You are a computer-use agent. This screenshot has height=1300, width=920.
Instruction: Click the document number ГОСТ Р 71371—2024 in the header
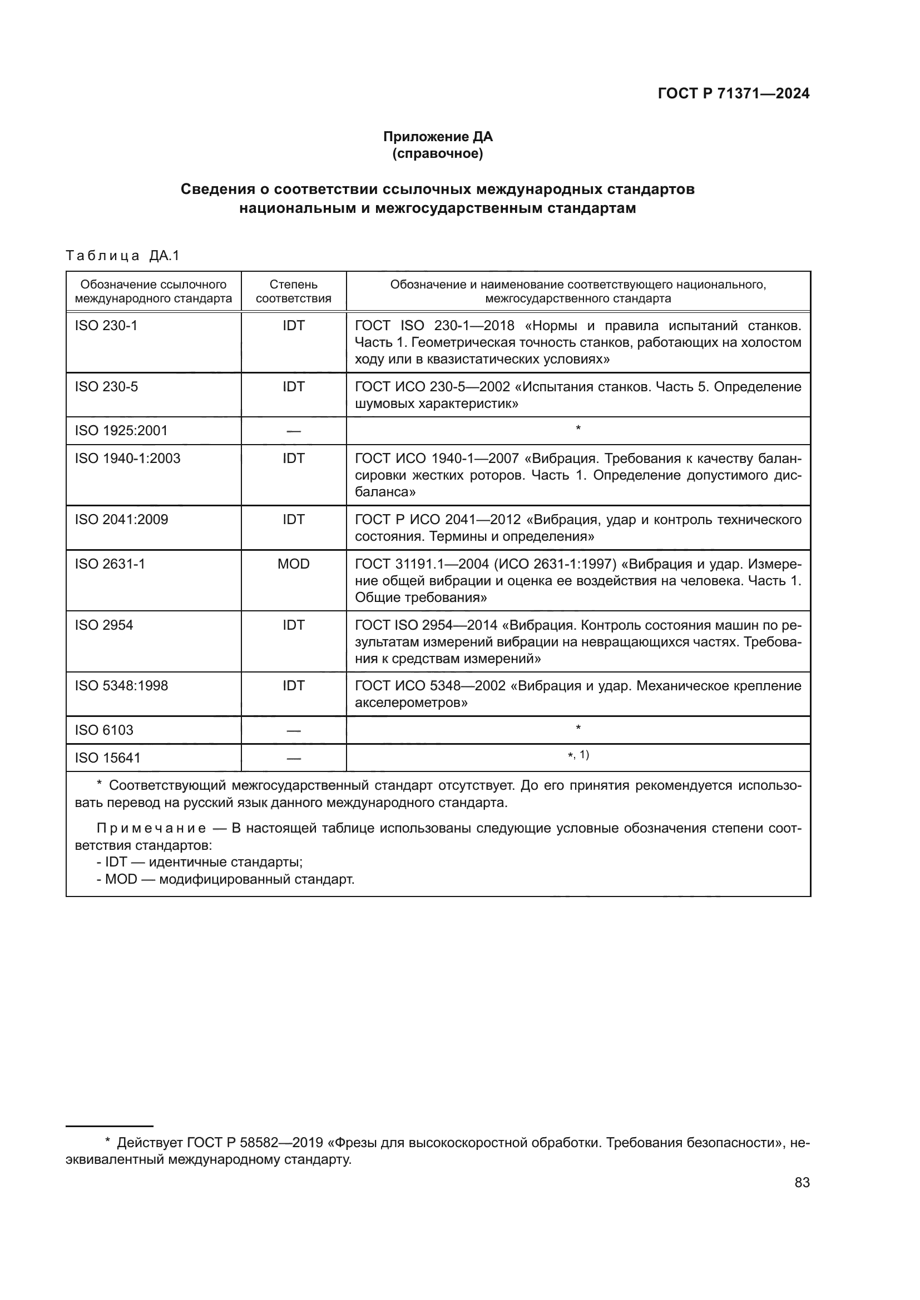[733, 94]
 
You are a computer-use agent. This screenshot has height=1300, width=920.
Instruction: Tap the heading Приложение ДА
[438, 137]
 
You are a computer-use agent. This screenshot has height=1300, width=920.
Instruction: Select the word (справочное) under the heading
[438, 153]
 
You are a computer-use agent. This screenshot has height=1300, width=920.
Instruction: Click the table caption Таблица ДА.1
[122, 256]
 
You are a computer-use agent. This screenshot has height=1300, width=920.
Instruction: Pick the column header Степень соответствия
[294, 292]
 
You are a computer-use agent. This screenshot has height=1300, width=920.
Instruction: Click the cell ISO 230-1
[106, 326]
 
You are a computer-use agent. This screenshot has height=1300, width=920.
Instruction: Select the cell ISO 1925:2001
[121, 431]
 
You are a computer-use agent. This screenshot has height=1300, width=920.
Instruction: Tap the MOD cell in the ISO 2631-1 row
[294, 564]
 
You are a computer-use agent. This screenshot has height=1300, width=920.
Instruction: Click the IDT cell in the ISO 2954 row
[294, 625]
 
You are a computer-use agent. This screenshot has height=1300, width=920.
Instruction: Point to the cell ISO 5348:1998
[121, 686]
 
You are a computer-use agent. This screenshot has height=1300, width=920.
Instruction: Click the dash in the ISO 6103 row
[294, 730]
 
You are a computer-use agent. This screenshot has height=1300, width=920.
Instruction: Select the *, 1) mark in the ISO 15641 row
[578, 755]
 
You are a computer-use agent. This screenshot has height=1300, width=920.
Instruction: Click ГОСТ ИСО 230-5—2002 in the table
[432, 387]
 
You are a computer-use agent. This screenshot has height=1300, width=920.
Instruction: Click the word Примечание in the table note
[151, 828]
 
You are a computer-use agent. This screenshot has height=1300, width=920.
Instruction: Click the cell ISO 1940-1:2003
[127, 459]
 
